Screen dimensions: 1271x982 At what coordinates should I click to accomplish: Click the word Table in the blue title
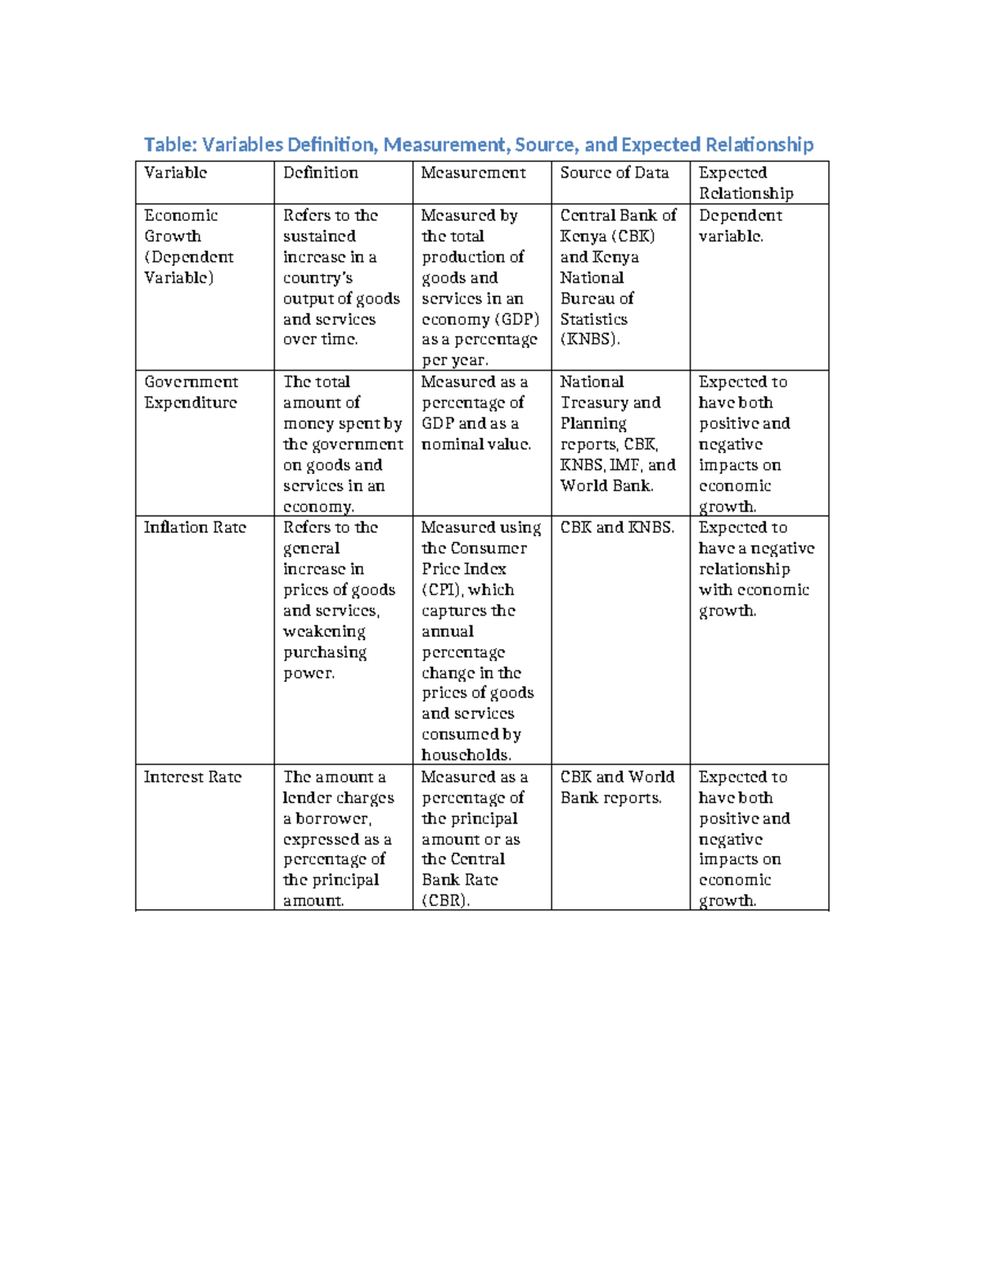[169, 145]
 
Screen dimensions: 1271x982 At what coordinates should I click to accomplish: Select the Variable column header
[175, 173]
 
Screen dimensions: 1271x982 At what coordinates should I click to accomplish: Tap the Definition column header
[320, 173]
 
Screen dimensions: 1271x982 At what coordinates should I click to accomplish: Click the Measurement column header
[473, 173]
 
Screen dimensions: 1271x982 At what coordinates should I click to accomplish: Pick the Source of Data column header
[614, 173]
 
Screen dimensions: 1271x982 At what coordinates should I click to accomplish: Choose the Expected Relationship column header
[745, 183]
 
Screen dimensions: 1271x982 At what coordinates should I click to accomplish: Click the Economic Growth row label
[181, 226]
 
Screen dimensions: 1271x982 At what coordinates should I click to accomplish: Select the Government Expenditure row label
[191, 392]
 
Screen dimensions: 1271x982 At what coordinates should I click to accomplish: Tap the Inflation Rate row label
[195, 528]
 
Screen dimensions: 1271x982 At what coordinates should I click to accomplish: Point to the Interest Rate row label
[192, 777]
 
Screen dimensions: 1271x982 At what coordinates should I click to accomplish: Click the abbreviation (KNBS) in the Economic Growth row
[589, 340]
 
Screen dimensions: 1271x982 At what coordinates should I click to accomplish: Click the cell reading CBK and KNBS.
[617, 528]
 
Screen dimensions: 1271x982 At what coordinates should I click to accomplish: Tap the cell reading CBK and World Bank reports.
[617, 787]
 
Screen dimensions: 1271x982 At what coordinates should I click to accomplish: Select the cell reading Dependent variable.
[740, 226]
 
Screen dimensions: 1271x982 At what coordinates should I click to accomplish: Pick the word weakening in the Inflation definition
[324, 632]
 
